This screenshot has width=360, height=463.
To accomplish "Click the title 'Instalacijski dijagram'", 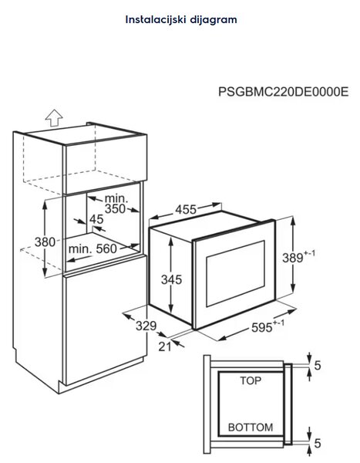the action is (181, 20).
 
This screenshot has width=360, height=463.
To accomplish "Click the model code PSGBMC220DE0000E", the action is (283, 92).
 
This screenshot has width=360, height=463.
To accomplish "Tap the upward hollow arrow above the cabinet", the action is (54, 118).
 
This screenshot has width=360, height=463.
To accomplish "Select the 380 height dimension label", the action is (45, 242).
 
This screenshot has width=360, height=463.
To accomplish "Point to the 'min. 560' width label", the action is (93, 249).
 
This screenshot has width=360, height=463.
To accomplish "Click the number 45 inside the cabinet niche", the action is (96, 219).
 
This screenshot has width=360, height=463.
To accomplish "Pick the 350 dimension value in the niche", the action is (115, 209).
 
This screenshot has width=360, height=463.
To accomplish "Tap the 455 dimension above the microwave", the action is (186, 210).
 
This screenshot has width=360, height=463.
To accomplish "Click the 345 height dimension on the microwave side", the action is (171, 279).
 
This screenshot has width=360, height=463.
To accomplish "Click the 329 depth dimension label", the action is (146, 326).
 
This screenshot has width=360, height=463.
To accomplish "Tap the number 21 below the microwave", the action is (165, 346).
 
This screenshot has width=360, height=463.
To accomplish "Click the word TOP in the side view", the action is (251, 381).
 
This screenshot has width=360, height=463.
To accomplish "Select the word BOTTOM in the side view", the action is (251, 428).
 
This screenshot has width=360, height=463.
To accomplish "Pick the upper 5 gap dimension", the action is (318, 366).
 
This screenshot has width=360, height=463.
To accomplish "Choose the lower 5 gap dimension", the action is (318, 443).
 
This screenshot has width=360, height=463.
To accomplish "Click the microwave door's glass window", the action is (235, 273).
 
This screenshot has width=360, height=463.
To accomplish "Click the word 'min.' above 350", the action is (116, 198).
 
